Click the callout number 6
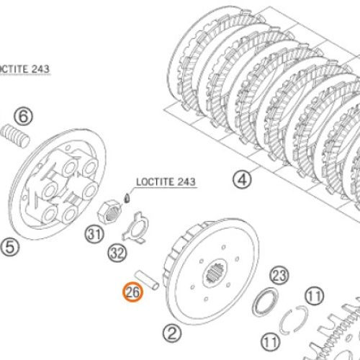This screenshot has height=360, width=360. [x=23, y=117]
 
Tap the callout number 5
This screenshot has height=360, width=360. [x=10, y=247]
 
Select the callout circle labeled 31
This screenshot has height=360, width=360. [x=94, y=234]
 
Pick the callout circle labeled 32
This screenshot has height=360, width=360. [x=117, y=253]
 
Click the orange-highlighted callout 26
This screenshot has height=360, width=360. [x=132, y=292]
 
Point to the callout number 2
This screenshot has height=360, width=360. [x=172, y=333]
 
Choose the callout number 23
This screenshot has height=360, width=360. [x=279, y=276]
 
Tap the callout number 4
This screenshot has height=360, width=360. [x=242, y=179]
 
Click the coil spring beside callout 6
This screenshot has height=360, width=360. [x=15, y=135]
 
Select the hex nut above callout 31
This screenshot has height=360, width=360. [x=109, y=212]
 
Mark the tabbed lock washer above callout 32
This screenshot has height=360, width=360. [x=135, y=227]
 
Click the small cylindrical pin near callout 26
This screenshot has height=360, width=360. [x=147, y=280]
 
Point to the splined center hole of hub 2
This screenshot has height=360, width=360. [x=215, y=273]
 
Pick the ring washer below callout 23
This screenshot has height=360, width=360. [x=266, y=302]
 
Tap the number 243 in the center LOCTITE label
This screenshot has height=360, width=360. [x=186, y=181]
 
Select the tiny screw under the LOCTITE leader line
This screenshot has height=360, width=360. [x=127, y=198]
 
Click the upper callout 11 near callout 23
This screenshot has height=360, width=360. [x=314, y=296]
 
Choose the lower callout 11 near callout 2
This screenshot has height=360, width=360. [x=271, y=342]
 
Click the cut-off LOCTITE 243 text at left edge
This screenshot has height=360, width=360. [x=24, y=69]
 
